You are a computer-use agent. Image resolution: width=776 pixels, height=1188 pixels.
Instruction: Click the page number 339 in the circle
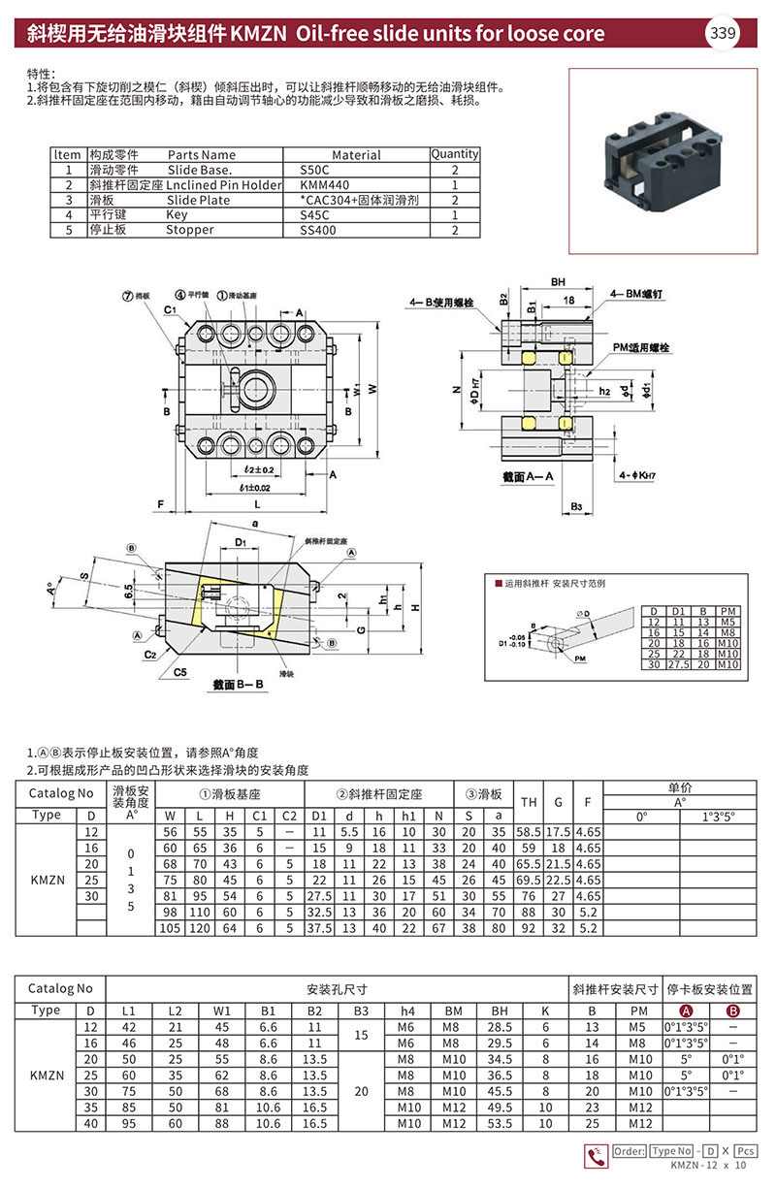tap(724, 34)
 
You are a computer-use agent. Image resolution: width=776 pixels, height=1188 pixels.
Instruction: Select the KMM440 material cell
tap(319, 184)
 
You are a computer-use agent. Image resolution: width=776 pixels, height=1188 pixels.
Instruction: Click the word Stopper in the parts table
tap(188, 230)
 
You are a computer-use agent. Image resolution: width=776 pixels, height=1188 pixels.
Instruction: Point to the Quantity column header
tap(454, 154)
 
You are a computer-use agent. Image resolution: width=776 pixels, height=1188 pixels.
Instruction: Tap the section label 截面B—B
tap(239, 685)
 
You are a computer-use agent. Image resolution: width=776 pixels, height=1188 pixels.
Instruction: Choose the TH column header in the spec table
tap(529, 802)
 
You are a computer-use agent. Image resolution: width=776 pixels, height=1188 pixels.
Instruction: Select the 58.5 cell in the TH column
tap(529, 832)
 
